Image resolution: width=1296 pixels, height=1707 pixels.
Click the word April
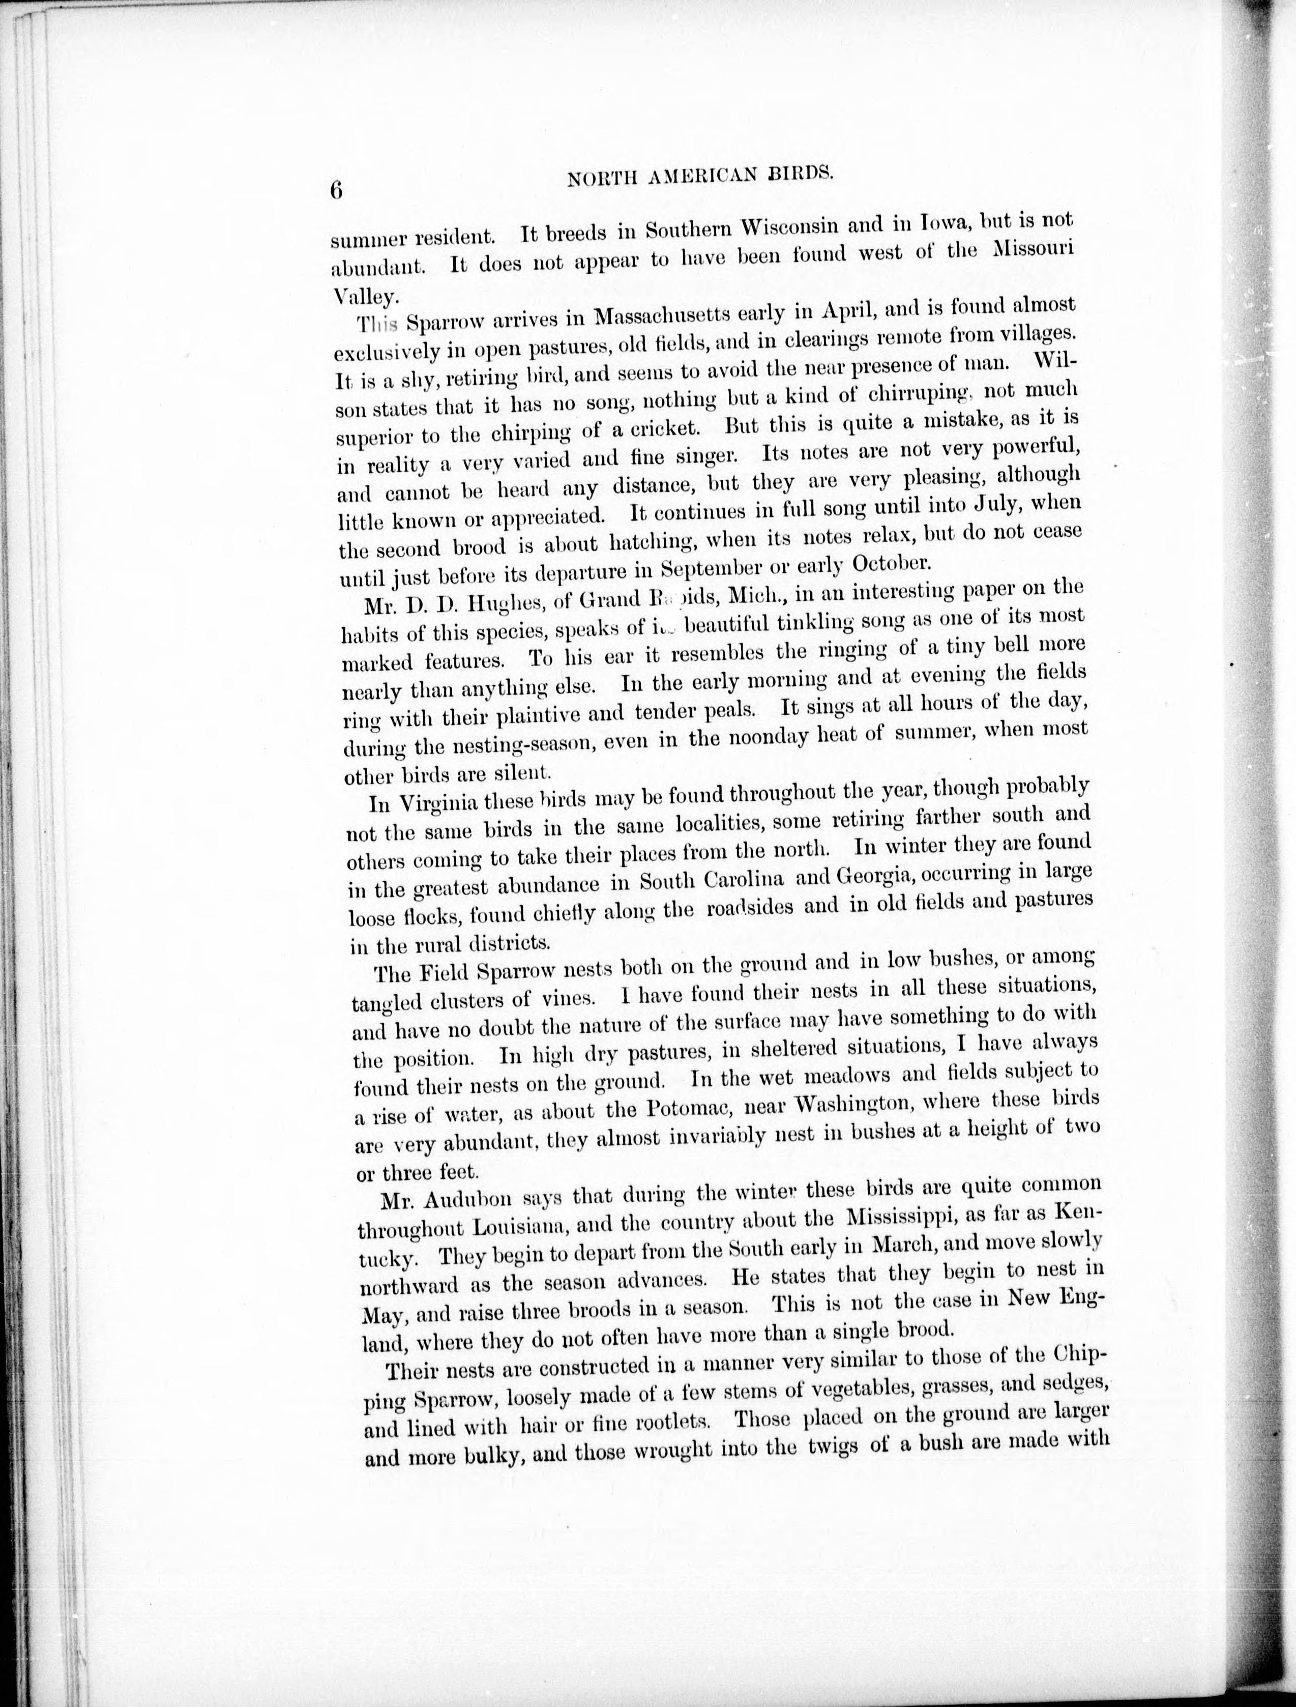point(853,310)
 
